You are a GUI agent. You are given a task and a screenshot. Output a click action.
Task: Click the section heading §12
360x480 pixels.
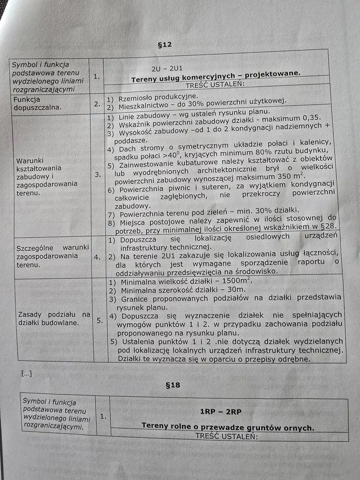165,45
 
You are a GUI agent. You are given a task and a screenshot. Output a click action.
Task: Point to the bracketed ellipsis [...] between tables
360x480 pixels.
27,374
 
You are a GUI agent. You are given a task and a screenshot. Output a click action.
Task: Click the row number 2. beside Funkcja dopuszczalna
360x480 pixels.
97,104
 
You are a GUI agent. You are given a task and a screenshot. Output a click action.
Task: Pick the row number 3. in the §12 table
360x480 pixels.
97,174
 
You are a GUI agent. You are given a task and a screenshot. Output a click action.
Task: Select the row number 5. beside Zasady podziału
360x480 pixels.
100,321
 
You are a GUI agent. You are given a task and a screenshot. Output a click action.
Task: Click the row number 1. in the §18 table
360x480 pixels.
103,415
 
